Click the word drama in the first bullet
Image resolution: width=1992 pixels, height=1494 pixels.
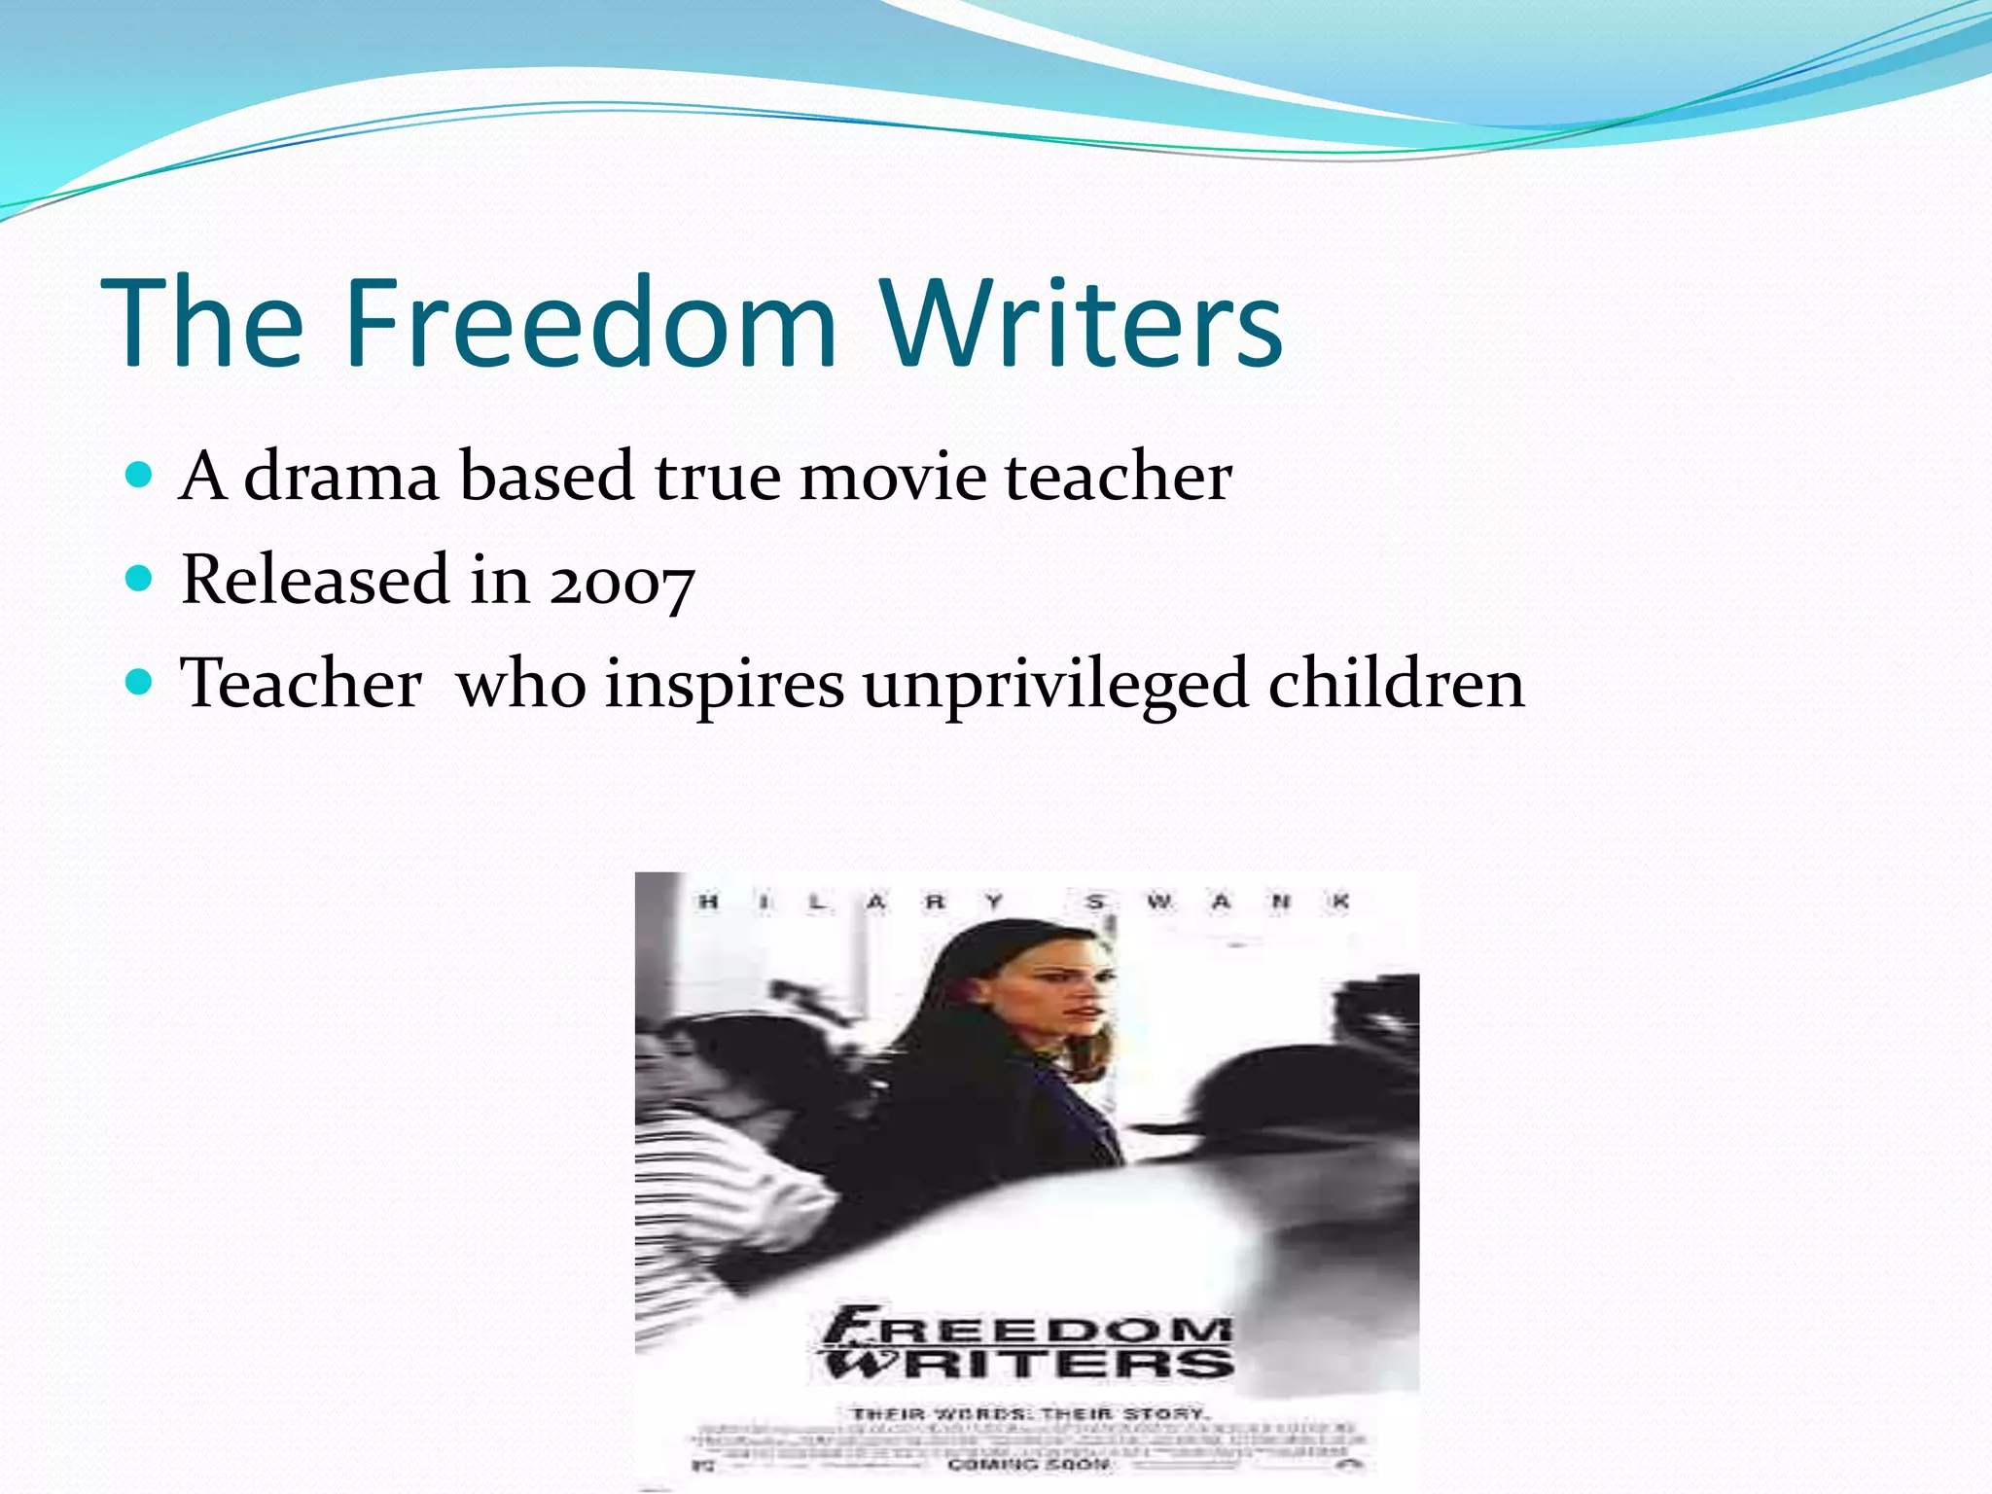pyautogui.click(x=341, y=477)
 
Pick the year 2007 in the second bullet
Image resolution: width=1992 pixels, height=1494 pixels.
pyautogui.click(x=622, y=582)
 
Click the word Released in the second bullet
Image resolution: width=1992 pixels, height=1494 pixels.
pyautogui.click(x=315, y=580)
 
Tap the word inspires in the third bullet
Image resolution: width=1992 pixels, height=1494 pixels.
pyautogui.click(x=725, y=684)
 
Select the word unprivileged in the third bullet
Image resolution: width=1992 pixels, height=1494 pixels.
pyautogui.click(x=1055, y=684)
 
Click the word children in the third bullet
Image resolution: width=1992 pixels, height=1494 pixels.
pyautogui.click(x=1397, y=684)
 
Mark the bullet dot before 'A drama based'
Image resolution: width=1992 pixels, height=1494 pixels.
pyautogui.click(x=140, y=475)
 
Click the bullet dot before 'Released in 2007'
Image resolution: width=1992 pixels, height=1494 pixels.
pyautogui.click(x=140, y=579)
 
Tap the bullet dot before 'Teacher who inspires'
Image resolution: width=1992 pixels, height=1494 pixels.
pyautogui.click(x=140, y=682)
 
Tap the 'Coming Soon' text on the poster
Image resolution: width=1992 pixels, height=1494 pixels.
pyautogui.click(x=1029, y=1464)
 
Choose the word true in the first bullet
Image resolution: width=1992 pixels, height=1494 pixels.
pyautogui.click(x=717, y=477)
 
